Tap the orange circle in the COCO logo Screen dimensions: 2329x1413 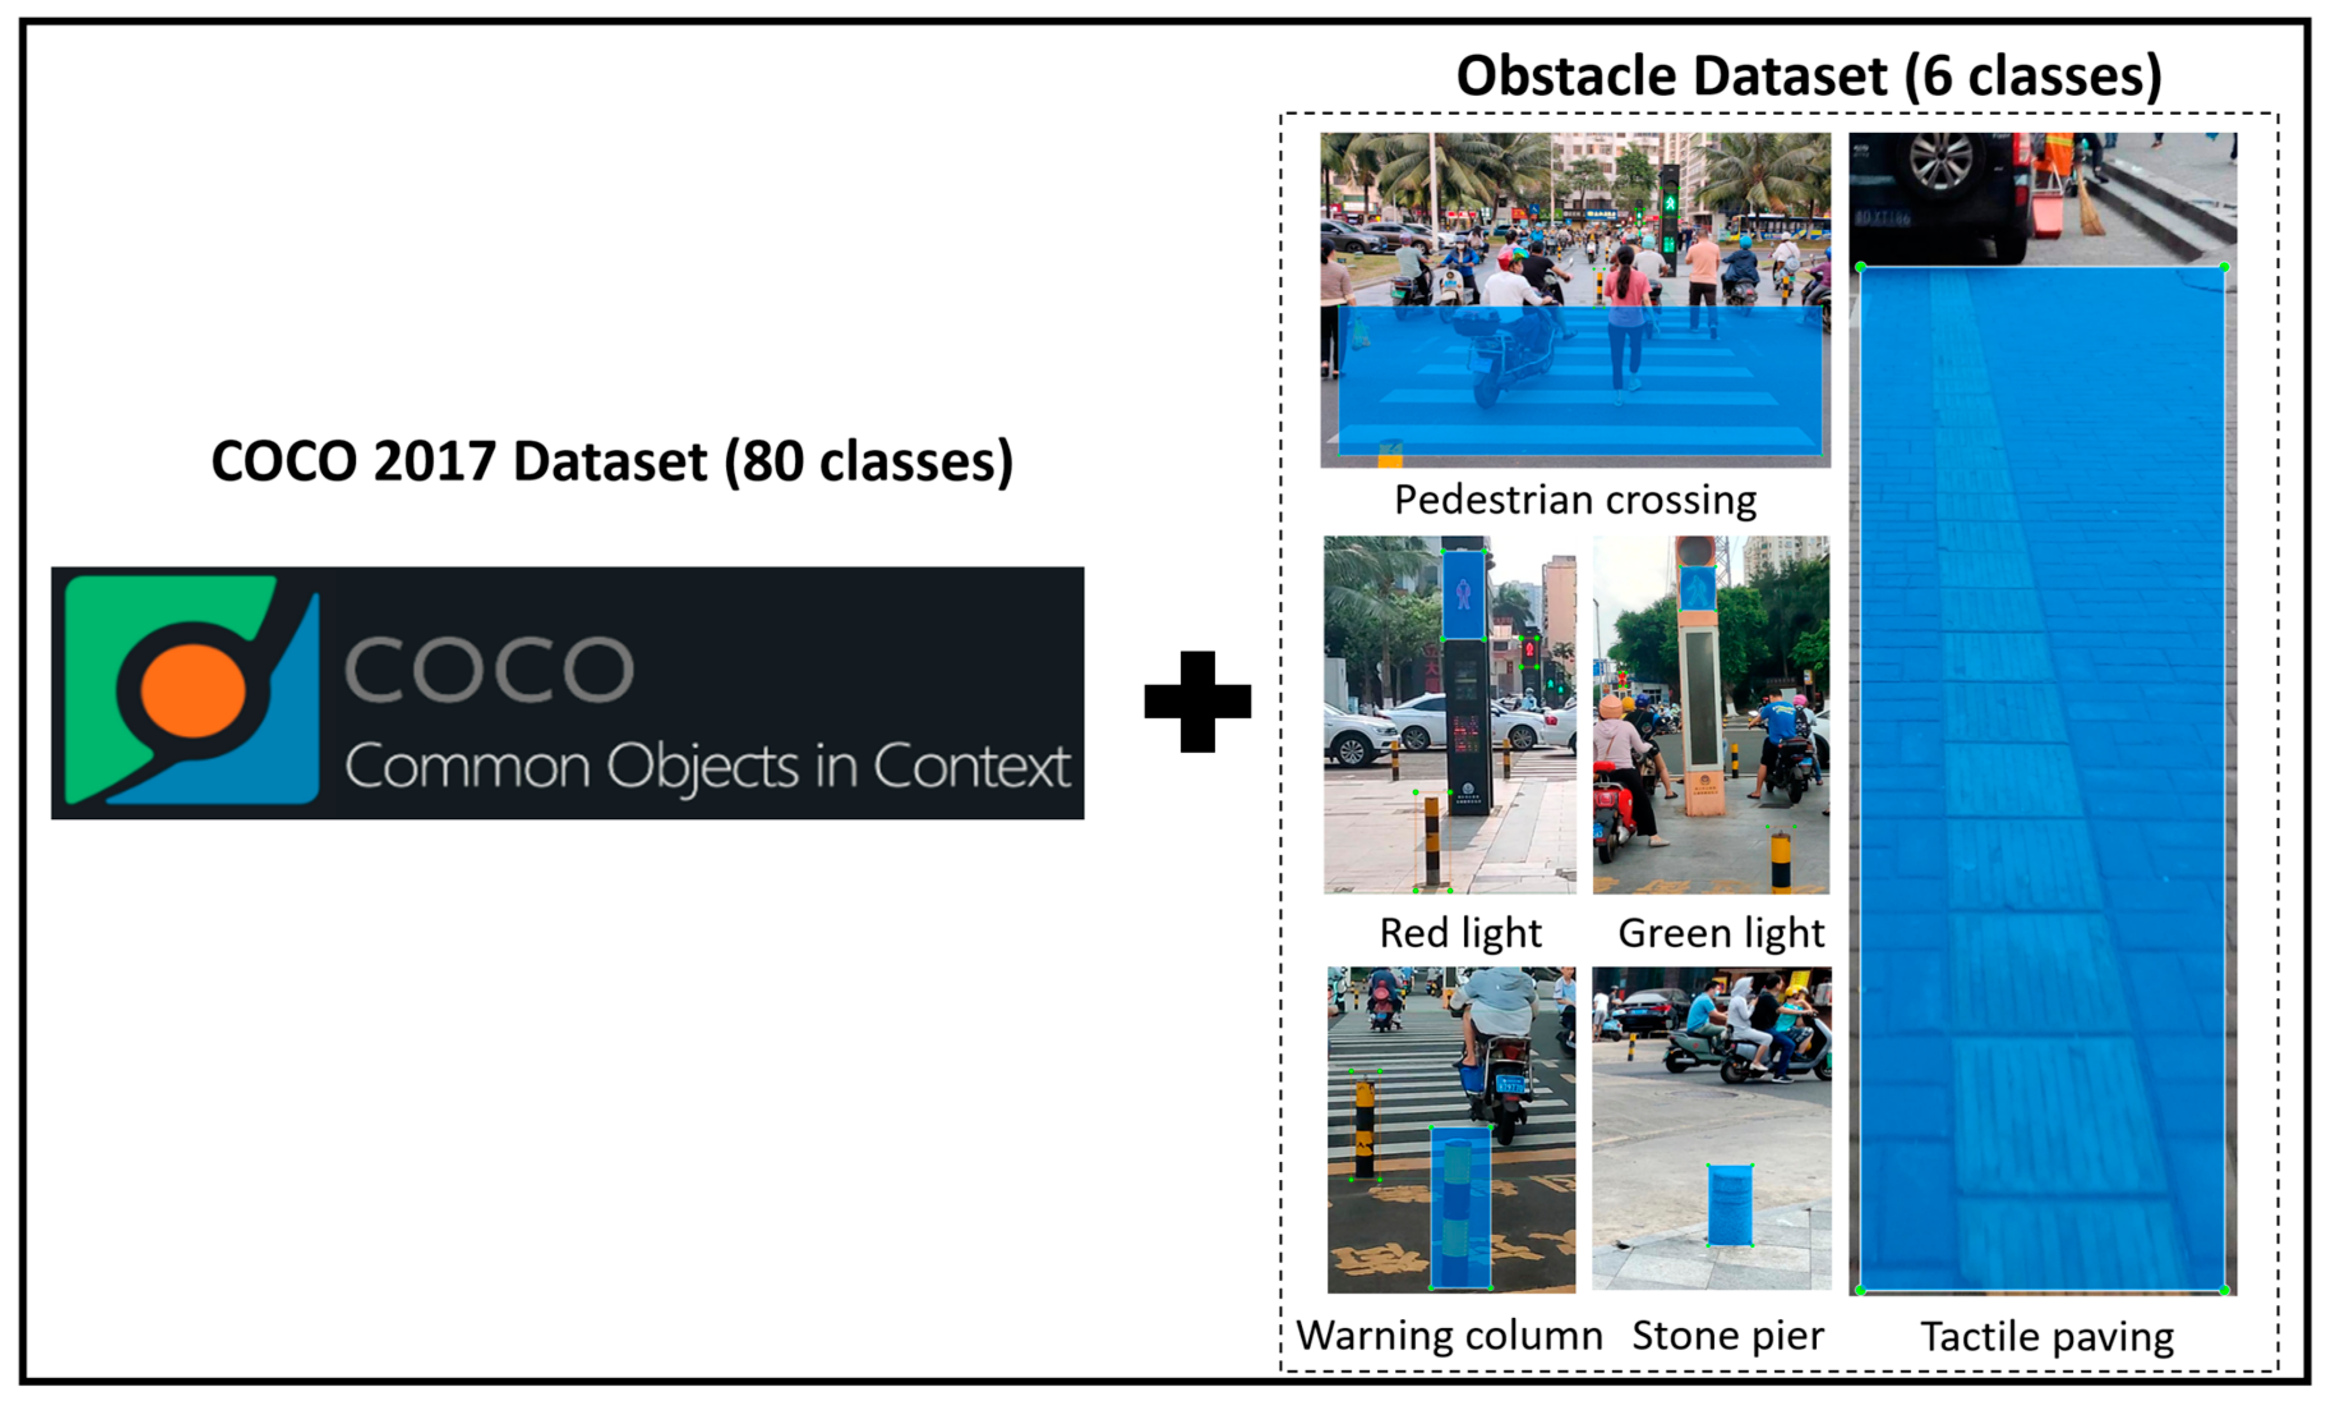(x=193, y=691)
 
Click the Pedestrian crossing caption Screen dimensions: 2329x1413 (x=1576, y=500)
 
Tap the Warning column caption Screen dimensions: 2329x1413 (x=1449, y=1336)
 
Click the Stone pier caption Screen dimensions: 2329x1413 (x=1728, y=1336)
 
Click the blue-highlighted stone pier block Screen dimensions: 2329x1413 (x=1730, y=1205)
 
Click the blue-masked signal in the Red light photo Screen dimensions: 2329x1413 (x=1463, y=596)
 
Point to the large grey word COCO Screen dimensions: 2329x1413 (x=488, y=669)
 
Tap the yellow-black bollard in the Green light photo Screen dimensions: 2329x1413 (x=1781, y=860)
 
